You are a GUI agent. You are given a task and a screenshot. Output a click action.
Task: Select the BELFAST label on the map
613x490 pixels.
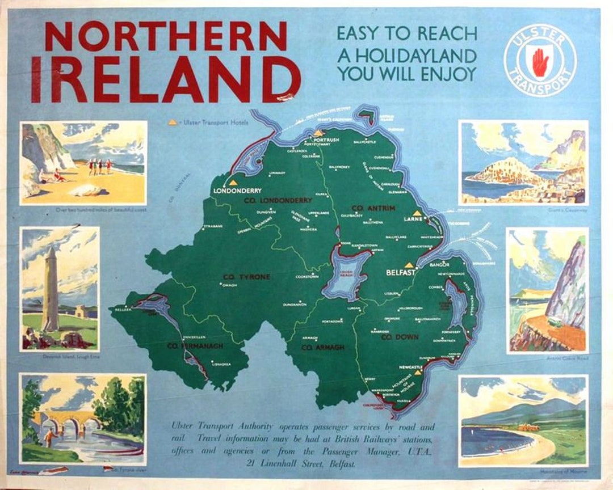(x=401, y=273)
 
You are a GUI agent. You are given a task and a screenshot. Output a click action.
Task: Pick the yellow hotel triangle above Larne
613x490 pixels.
(x=416, y=213)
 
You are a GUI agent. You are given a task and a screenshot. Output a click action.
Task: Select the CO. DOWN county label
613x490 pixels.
(x=400, y=337)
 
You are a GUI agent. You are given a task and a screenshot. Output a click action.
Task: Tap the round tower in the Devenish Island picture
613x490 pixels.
(x=51, y=289)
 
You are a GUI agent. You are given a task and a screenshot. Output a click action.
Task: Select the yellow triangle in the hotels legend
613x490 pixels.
(x=173, y=122)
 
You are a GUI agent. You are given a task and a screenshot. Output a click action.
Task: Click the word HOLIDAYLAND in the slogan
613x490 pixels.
(x=406, y=56)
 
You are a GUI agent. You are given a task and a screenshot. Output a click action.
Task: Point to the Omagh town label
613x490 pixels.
(x=229, y=285)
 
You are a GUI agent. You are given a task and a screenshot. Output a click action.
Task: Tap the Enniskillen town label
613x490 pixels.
(x=190, y=337)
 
